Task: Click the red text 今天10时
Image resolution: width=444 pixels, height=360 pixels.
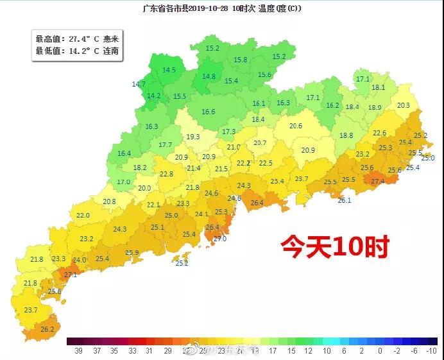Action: coord(334,246)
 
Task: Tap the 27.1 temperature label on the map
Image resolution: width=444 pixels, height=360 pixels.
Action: coord(70,275)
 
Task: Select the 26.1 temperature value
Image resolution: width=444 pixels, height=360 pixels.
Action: coord(345,200)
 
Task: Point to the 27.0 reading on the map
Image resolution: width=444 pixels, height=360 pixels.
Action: coord(220,239)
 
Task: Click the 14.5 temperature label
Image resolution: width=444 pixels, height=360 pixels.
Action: coord(169,70)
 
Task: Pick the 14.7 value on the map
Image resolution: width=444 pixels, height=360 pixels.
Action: coord(139,84)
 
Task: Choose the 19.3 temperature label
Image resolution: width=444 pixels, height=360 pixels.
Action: coord(193,137)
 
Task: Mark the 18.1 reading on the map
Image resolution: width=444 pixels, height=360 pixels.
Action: coord(379,87)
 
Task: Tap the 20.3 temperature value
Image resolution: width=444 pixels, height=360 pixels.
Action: coord(403,105)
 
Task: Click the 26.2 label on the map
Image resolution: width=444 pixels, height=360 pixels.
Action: coord(47,329)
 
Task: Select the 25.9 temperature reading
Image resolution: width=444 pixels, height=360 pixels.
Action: coord(132,253)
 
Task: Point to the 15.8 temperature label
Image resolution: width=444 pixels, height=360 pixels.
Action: coord(241,60)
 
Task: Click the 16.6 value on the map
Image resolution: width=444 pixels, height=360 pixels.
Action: coord(209,112)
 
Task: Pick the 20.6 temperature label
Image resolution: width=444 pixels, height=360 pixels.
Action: coord(295,126)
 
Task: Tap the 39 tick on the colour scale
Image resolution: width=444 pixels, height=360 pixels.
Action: coord(78,351)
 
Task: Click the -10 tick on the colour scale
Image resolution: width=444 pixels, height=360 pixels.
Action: coord(431,351)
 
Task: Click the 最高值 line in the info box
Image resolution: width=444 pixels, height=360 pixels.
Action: coord(77,39)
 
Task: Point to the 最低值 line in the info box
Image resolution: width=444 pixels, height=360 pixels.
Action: coord(77,51)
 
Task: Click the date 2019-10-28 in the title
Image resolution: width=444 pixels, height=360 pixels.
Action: coord(206,8)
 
